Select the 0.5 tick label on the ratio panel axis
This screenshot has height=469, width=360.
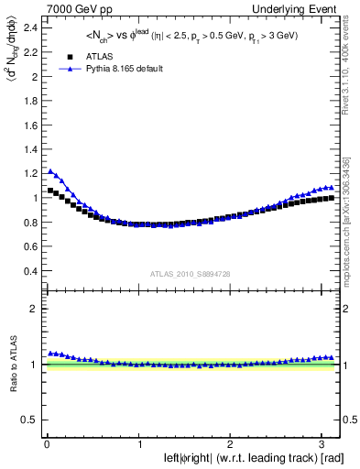tap(30, 420)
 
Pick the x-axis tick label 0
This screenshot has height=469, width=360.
tap(46, 443)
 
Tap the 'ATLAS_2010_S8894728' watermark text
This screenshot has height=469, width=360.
tap(191, 274)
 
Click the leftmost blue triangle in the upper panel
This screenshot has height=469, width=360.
tap(49, 170)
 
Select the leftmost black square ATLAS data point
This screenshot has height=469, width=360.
tap(49, 191)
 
